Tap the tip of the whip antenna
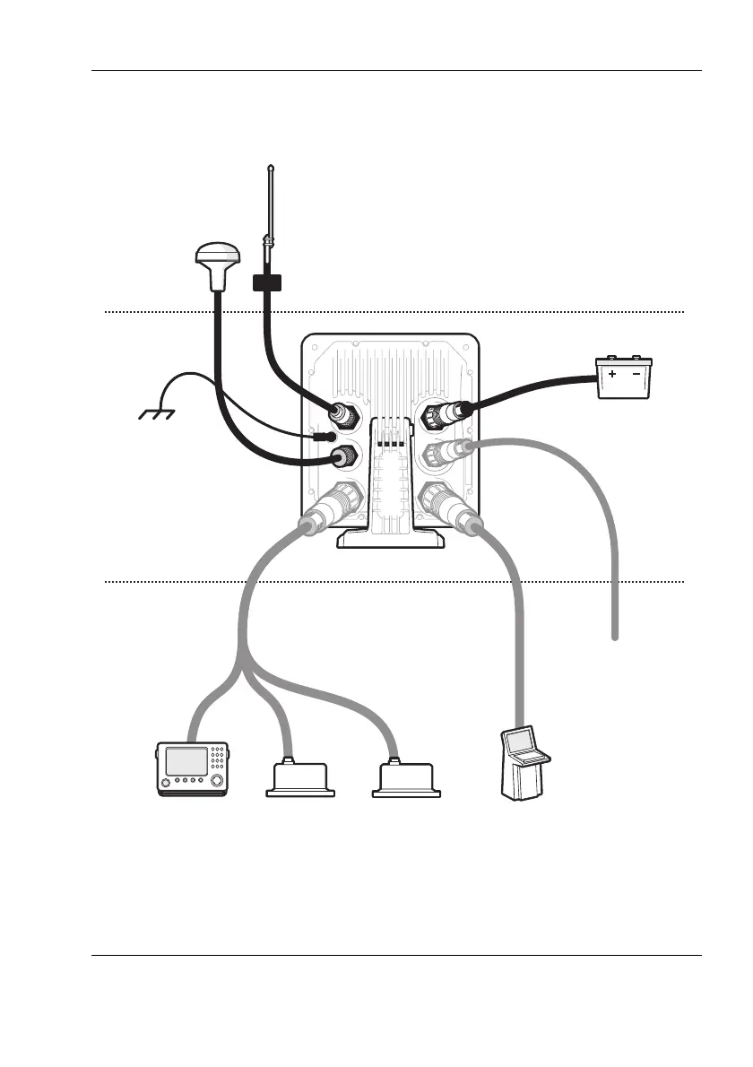271,166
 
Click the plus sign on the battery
612,373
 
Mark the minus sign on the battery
636,373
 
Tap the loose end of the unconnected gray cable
616,637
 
